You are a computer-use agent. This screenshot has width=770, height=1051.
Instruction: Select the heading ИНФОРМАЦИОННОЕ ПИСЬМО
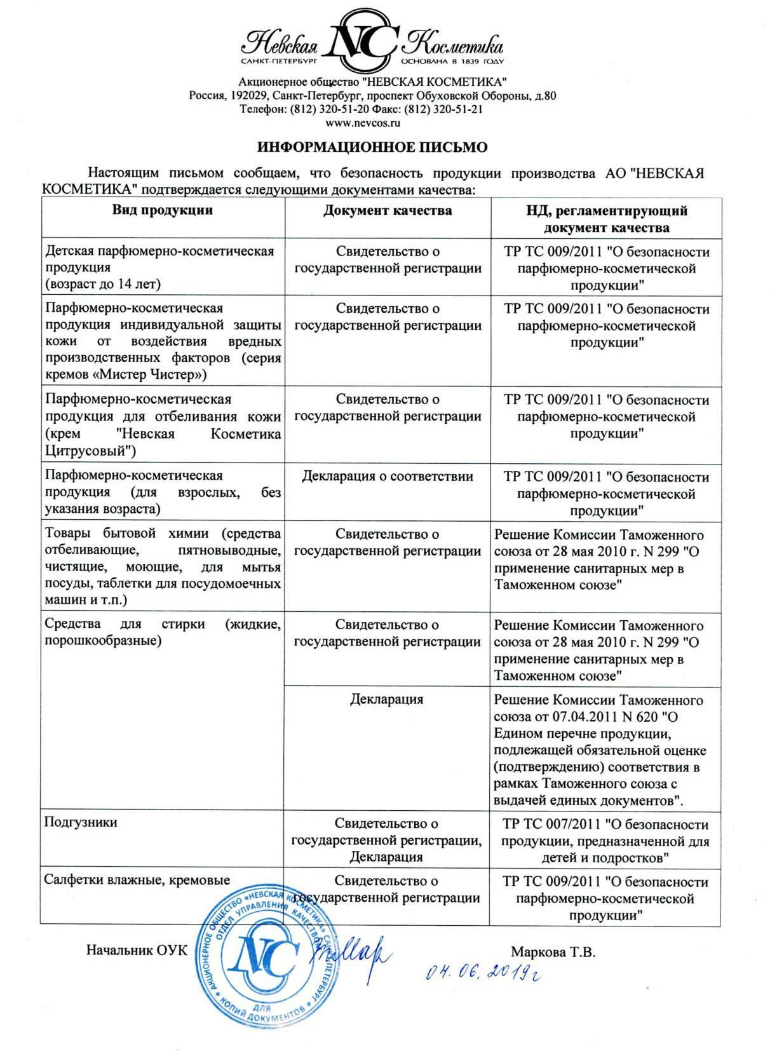(372, 147)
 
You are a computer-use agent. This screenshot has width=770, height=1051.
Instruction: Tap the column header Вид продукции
(163, 210)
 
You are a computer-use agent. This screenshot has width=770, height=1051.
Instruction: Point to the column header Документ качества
(388, 210)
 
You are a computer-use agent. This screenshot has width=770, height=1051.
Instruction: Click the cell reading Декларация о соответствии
(388, 476)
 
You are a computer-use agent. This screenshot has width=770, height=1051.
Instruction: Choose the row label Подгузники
(81, 822)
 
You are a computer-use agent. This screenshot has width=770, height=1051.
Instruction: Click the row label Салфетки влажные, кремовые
(137, 879)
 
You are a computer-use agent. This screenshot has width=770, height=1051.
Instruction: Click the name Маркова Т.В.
(553, 952)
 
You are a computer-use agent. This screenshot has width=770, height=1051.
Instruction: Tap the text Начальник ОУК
(137, 951)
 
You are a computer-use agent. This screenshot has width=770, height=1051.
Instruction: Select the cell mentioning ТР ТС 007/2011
(605, 841)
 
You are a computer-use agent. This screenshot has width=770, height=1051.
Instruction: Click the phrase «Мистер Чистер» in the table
(150, 374)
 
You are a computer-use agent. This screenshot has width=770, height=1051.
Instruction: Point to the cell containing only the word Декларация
(386, 700)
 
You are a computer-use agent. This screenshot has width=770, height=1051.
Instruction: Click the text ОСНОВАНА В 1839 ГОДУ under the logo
(452, 62)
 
